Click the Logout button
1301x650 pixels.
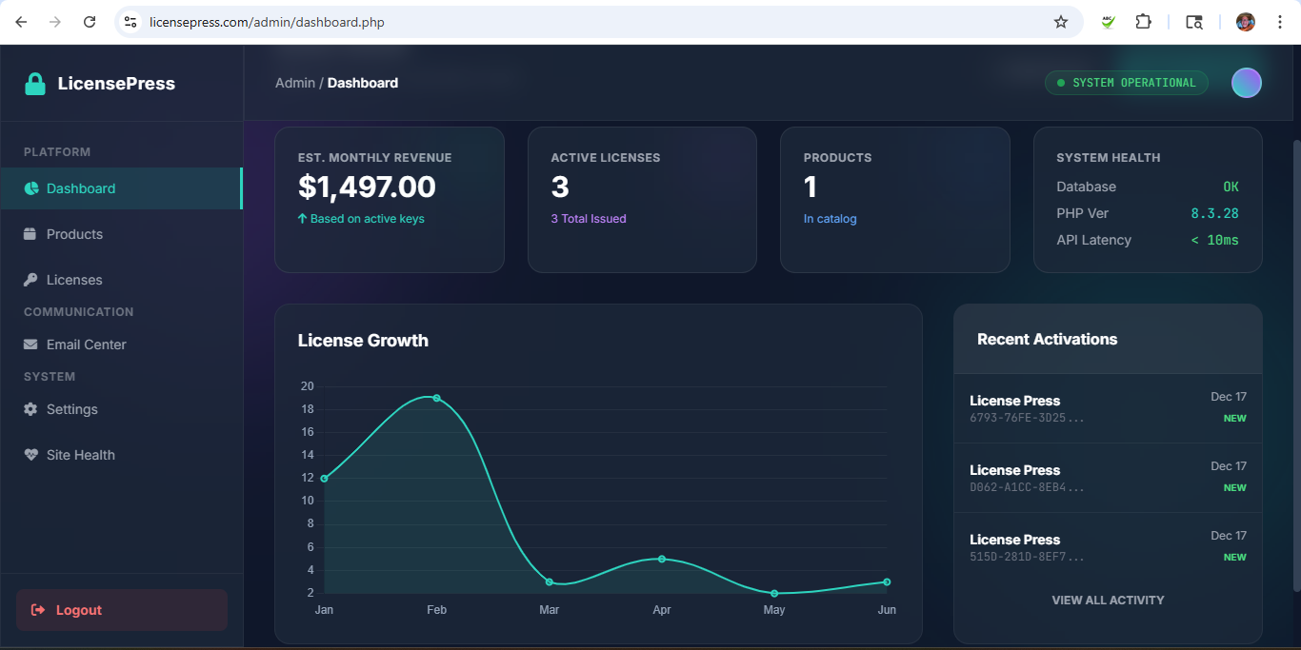point(121,610)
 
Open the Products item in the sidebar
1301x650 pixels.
point(74,234)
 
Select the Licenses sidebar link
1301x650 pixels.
point(74,280)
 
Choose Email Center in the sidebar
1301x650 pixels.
point(86,345)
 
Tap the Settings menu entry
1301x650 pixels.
point(71,409)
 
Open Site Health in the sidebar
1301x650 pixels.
point(80,455)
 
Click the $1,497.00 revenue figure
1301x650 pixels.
point(367,187)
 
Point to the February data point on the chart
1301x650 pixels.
point(436,398)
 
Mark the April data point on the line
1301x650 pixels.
point(661,559)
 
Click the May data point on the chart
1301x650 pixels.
point(774,593)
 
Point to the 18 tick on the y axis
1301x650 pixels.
point(308,409)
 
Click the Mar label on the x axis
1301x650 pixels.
point(549,610)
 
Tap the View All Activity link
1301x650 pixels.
point(1108,601)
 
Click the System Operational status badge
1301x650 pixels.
point(1126,83)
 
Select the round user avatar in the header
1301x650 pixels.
point(1246,83)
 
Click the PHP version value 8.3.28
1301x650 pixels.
point(1214,213)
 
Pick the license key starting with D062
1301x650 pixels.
point(1027,487)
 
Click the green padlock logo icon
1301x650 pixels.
point(35,84)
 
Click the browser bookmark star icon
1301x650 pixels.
point(1061,22)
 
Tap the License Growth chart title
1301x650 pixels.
point(363,341)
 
